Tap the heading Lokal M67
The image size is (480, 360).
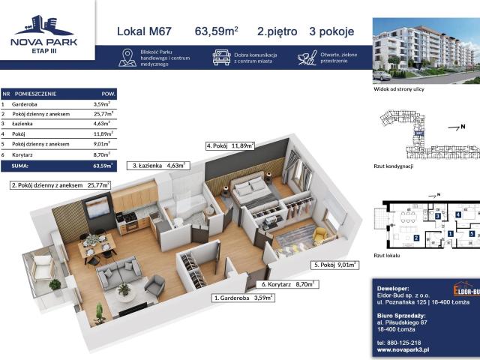[x=145, y=31]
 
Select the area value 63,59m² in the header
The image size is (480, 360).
[x=217, y=31]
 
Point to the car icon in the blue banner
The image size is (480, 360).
[x=221, y=57]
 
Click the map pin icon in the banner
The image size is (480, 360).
[x=127, y=58]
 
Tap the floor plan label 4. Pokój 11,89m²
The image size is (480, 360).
[x=230, y=145]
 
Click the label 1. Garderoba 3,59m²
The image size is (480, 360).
[x=244, y=298]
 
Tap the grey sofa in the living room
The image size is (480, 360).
[x=118, y=269]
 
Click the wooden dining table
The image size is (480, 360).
[x=98, y=244]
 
